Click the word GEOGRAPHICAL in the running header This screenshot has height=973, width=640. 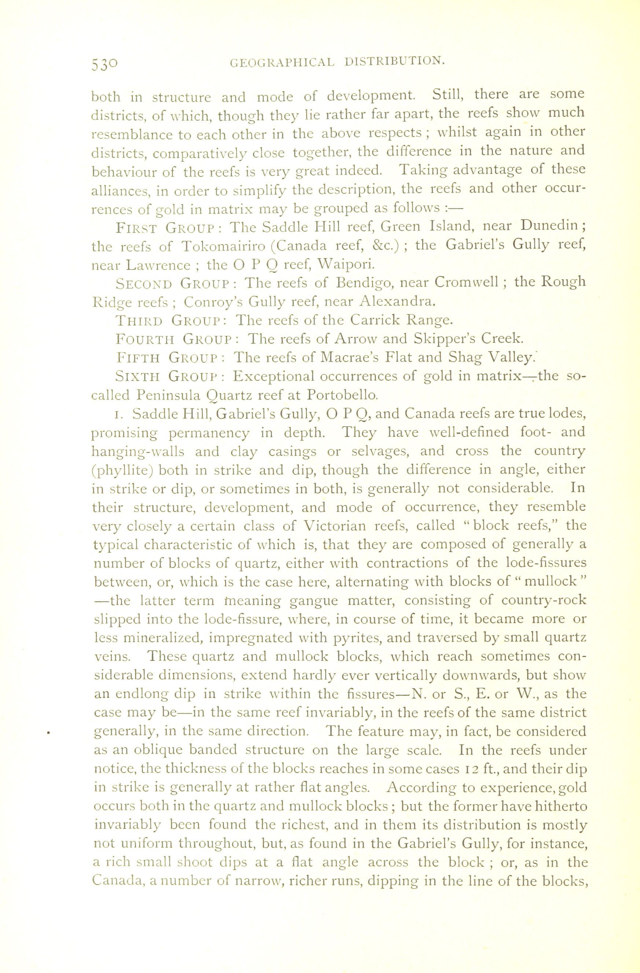(282, 62)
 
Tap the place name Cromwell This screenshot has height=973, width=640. (466, 282)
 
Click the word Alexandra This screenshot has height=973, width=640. (395, 301)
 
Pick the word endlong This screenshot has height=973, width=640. (136, 694)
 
